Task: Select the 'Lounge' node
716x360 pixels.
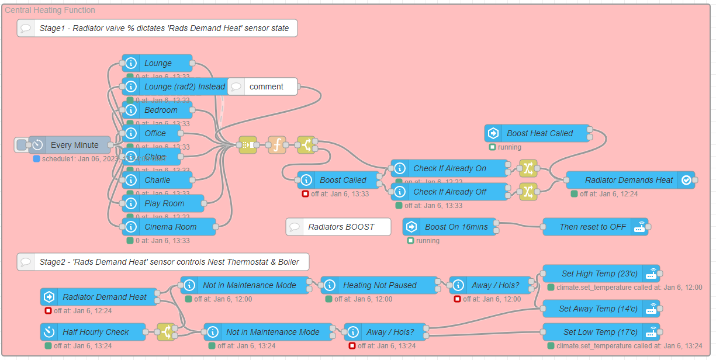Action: [157, 63]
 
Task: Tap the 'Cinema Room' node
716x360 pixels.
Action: [170, 227]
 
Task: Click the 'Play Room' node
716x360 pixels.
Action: [164, 203]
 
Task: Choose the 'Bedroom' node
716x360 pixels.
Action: [160, 110]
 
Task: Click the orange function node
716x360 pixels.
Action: [277, 145]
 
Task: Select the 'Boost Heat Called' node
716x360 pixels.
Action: [539, 133]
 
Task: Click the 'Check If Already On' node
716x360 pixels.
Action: [449, 168]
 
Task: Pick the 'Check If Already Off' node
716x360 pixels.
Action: [449, 192]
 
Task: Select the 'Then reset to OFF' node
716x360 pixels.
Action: [592, 227]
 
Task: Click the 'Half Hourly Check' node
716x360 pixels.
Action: [95, 332]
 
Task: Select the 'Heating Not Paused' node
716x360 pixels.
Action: [379, 285]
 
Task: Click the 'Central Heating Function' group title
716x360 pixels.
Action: [50, 10]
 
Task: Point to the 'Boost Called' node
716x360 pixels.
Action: [342, 180]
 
